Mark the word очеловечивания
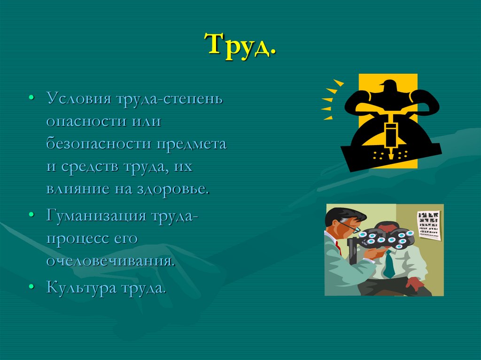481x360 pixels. (110, 261)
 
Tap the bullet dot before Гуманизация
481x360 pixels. (31, 215)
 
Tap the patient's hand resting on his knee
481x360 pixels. (413, 283)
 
